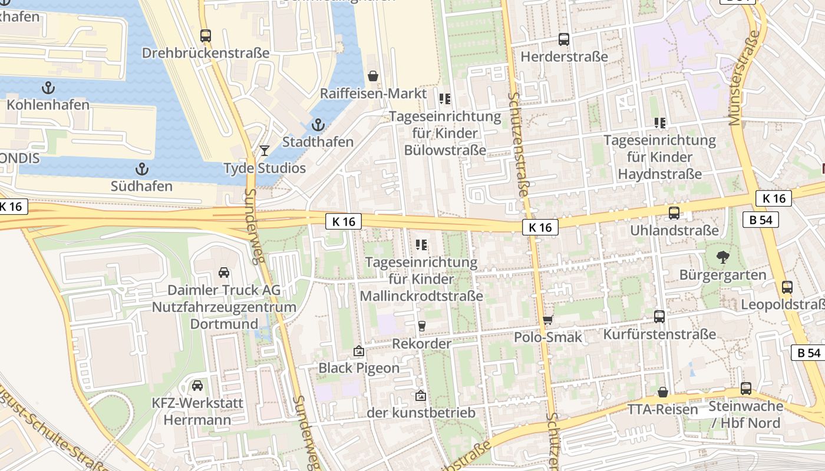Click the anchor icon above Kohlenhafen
click(x=48, y=88)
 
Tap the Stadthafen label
click(x=318, y=142)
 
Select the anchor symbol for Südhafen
click(x=141, y=170)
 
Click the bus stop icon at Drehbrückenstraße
click(x=205, y=36)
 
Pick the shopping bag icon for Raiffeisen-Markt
click(x=373, y=76)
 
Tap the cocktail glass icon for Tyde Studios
click(x=265, y=151)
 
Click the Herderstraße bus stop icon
click(x=564, y=39)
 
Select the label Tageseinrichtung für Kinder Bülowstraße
click(x=445, y=134)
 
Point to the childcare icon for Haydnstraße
click(x=660, y=123)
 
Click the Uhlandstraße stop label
click(x=674, y=230)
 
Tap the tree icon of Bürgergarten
click(x=722, y=257)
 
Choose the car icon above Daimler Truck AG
click(x=224, y=273)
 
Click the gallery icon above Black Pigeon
click(x=358, y=351)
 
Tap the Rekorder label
click(x=421, y=343)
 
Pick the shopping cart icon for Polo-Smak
click(x=548, y=320)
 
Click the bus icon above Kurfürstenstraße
click(x=659, y=317)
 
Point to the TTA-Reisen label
click(x=662, y=409)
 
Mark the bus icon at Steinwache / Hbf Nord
click(x=746, y=389)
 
